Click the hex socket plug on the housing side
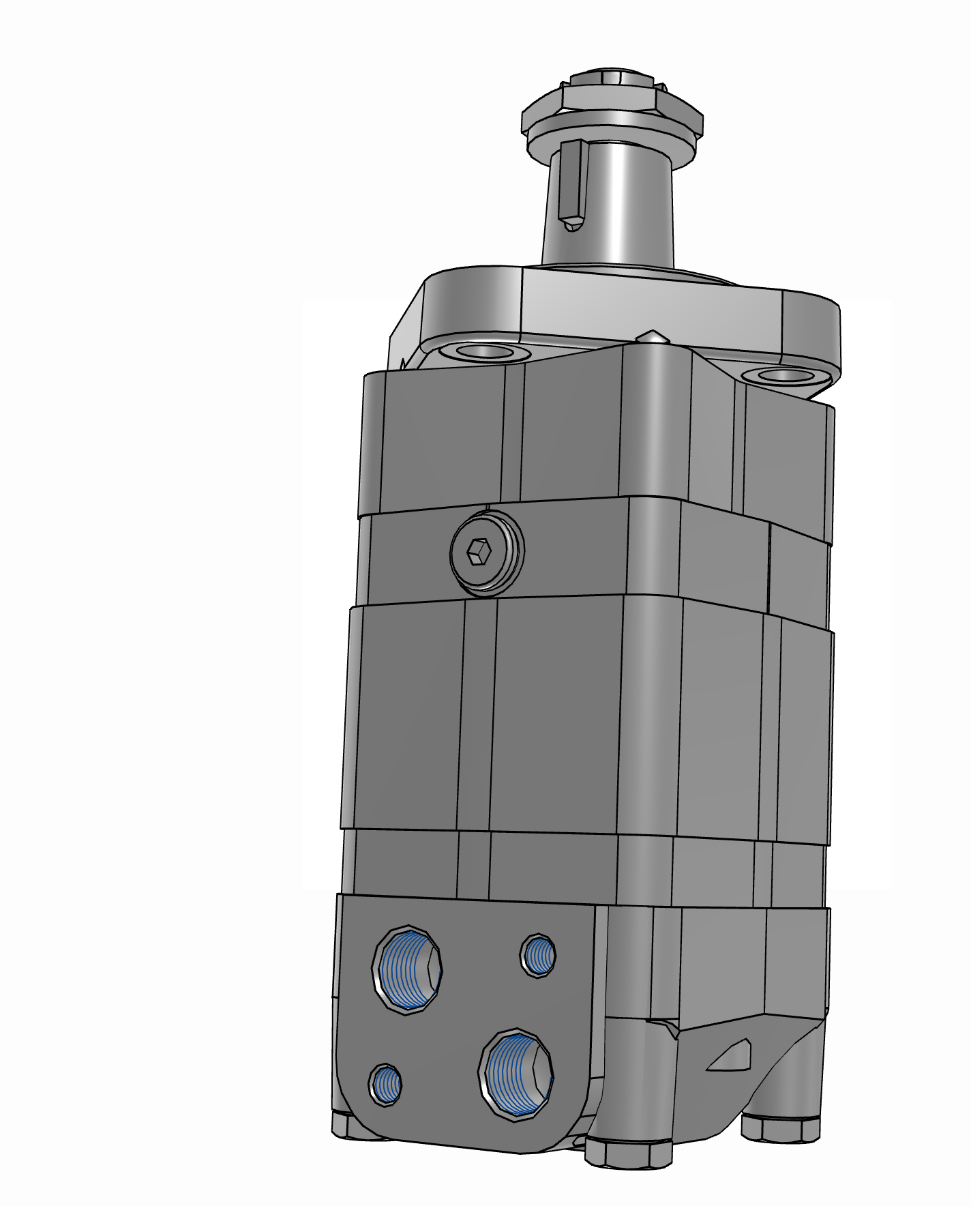(487, 553)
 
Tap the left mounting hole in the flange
(485, 353)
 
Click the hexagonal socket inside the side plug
(478, 551)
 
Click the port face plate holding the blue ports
(464, 1023)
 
